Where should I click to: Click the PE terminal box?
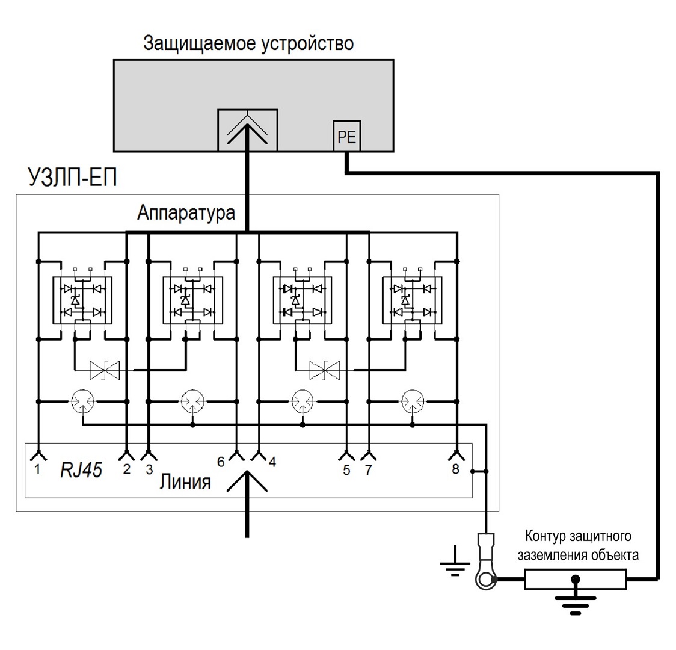[x=347, y=137]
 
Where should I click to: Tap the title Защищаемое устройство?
[x=248, y=44]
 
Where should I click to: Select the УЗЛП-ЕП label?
[x=72, y=179]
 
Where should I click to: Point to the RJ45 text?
[x=81, y=470]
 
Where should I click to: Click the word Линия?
[x=185, y=482]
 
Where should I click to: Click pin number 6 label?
[x=221, y=462]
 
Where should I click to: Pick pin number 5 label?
[x=346, y=470]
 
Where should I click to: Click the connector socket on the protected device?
[x=247, y=129]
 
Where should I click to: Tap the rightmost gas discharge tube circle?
[x=413, y=400]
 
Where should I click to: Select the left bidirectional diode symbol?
[x=104, y=370]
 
